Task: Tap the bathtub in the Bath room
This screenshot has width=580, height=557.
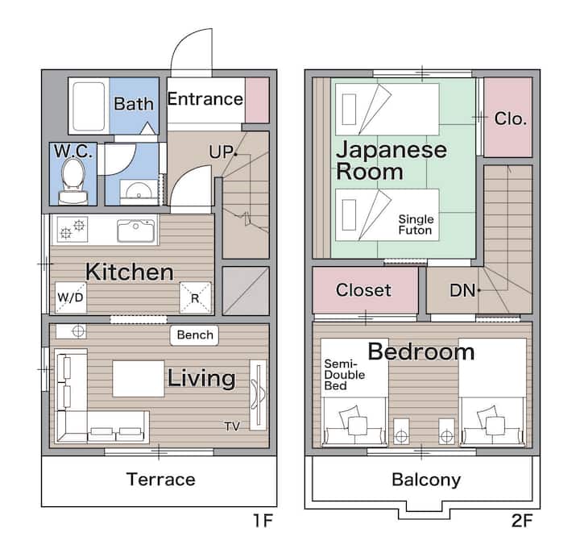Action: click(89, 106)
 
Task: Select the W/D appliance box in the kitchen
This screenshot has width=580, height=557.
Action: click(71, 297)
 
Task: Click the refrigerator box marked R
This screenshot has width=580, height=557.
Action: click(195, 297)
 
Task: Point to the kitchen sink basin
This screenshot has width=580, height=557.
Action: click(136, 231)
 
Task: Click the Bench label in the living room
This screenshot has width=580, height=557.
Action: click(195, 335)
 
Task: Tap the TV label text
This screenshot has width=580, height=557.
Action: click(232, 426)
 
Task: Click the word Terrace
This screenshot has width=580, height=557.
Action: click(161, 480)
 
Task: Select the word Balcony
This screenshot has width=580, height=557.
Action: click(426, 480)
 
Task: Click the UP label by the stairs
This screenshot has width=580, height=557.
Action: click(221, 152)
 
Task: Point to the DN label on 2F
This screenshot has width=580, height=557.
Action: click(462, 290)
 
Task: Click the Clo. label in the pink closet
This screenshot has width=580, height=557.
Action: click(511, 118)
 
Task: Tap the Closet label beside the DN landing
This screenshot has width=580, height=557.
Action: click(363, 290)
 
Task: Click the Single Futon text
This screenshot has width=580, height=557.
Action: click(416, 225)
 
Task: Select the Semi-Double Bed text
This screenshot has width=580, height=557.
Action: click(345, 375)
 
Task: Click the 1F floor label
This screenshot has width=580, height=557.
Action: click(263, 521)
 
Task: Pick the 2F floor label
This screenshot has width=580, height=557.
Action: click(522, 521)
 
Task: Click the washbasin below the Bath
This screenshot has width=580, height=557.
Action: click(139, 191)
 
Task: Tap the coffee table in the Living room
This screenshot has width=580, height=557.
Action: click(139, 379)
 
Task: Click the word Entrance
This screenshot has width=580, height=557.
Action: click(205, 99)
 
